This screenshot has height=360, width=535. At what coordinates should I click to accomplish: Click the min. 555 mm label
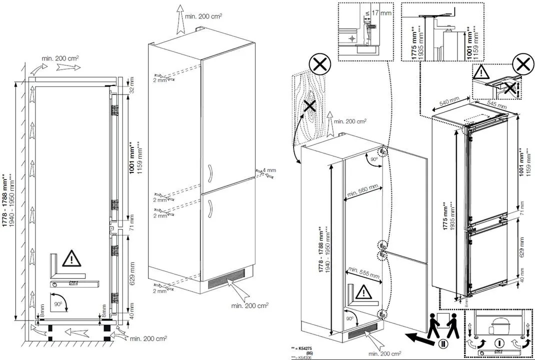pyautogui.click(x=363, y=271)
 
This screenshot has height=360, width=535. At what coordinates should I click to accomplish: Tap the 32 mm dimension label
pyautogui.click(x=131, y=85)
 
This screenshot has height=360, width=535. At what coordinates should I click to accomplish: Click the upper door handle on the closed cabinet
pyautogui.click(x=209, y=173)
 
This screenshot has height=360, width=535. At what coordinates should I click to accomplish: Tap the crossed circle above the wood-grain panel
pyautogui.click(x=317, y=65)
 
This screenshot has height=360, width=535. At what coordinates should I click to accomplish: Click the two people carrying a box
pyautogui.click(x=442, y=325)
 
